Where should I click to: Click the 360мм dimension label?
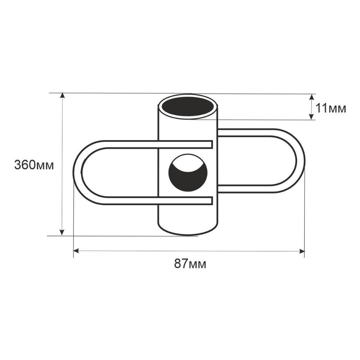(34, 165)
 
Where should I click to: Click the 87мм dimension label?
(190, 264)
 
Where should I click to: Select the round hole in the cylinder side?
(188, 173)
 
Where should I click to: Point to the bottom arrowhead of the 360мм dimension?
(62, 232)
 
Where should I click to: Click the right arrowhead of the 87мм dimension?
(301, 251)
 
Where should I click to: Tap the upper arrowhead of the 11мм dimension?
(311, 97)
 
